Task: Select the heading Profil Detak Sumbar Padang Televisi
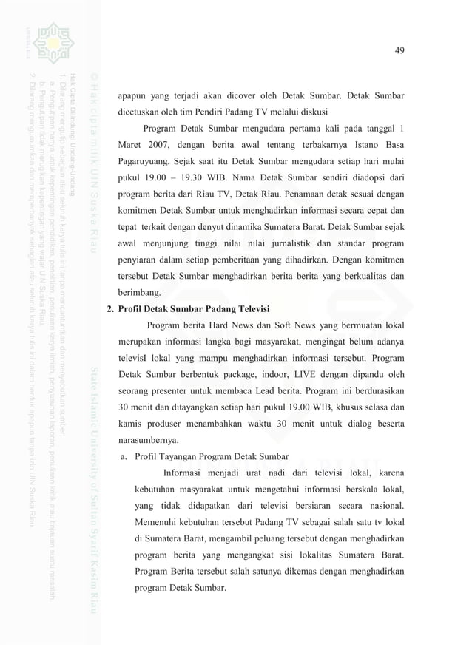(x=195, y=308)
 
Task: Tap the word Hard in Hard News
(x=225, y=326)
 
